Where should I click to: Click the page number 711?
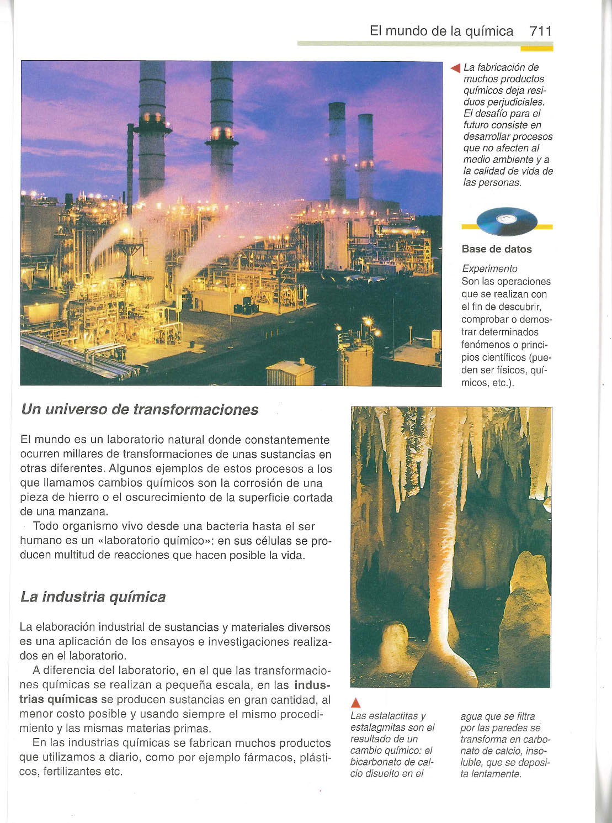coord(540,31)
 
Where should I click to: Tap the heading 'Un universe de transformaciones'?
coord(140,409)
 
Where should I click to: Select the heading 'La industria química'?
coord(93,597)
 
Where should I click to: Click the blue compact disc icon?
coord(506,221)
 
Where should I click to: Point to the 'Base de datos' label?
coord(497,249)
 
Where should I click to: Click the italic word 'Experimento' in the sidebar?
coord(489,268)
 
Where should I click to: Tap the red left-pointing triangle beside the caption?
coord(455,68)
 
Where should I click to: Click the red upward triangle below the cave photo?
coord(356,703)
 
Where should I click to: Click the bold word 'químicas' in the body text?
coord(72,700)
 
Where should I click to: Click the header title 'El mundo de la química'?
coord(441,31)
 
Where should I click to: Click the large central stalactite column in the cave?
coord(445,530)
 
